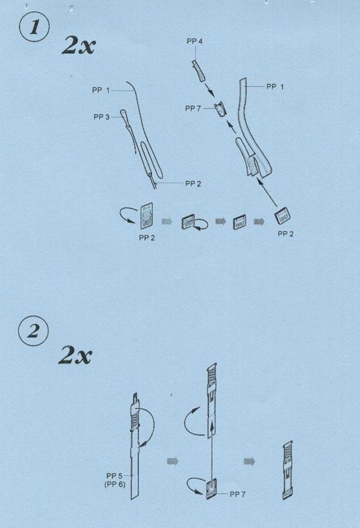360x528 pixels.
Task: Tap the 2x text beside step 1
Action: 79,46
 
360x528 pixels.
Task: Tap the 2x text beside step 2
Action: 75,355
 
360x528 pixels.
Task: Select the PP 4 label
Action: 194,41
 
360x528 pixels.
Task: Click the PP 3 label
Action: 101,117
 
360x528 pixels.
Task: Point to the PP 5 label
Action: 114,476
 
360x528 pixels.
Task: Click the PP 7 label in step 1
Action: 193,109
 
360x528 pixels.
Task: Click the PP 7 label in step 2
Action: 238,494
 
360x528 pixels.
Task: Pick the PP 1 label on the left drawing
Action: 101,90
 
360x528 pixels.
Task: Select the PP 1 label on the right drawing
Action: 275,86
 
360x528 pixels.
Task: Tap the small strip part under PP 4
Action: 199,71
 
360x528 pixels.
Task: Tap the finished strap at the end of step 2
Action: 287,470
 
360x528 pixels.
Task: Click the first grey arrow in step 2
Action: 172,461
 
